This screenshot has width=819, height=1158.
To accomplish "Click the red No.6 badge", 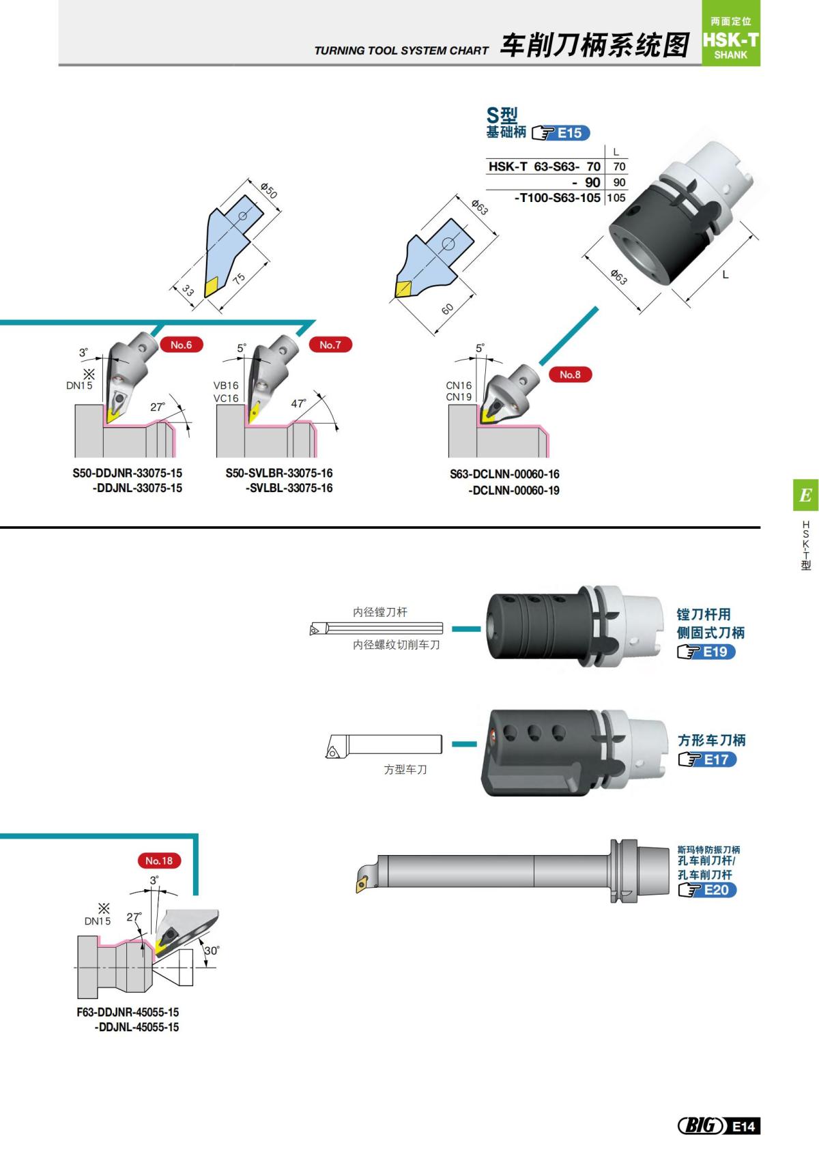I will click(181, 345).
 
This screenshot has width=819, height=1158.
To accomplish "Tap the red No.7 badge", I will click(330, 345).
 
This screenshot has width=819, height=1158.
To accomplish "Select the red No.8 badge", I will click(569, 374).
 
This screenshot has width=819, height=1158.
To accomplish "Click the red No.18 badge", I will click(158, 860).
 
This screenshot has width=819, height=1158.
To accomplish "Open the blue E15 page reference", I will click(569, 133).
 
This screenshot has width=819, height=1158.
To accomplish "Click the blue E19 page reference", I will click(715, 652).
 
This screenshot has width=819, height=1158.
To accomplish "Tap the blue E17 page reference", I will click(715, 759).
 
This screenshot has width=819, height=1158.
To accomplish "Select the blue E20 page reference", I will click(716, 890).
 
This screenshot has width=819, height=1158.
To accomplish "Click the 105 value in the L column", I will click(616, 198).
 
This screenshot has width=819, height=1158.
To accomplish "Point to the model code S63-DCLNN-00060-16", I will click(504, 474).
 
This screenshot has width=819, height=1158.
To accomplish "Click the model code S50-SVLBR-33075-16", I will click(279, 473).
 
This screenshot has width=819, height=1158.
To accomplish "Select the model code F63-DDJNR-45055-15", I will click(128, 1012).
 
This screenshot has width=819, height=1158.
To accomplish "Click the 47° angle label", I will click(299, 403).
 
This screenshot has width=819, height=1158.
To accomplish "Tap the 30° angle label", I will click(212, 950).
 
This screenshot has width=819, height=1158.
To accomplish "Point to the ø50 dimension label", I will click(270, 190).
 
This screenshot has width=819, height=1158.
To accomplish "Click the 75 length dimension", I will click(238, 278).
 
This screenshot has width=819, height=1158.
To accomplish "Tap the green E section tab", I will click(805, 495).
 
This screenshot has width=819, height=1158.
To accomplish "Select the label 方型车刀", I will click(405, 769).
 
